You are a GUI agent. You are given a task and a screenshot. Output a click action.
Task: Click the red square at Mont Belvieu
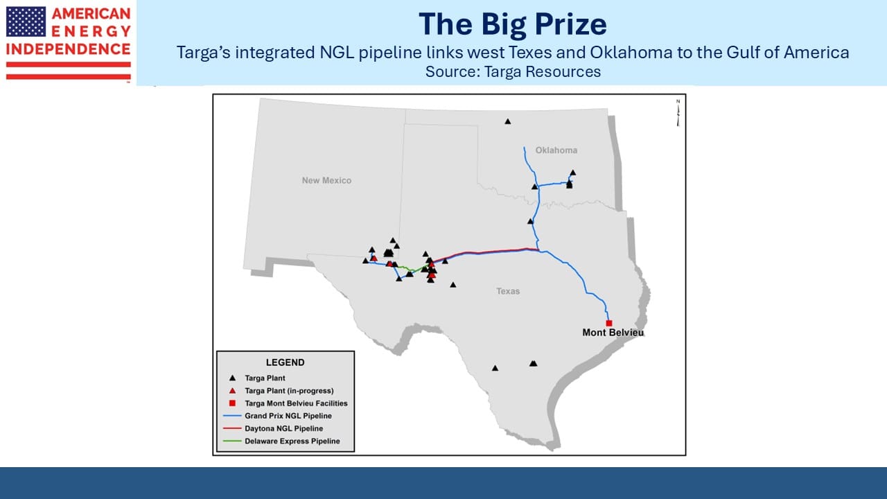coord(609,323)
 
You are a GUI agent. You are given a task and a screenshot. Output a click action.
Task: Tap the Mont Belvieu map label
coord(613,333)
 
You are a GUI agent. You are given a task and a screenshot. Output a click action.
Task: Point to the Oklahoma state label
coord(556,150)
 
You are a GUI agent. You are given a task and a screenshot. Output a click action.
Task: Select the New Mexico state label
coord(326,181)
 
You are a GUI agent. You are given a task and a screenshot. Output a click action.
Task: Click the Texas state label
coord(508,291)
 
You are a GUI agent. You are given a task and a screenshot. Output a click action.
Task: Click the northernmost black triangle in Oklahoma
coord(508,121)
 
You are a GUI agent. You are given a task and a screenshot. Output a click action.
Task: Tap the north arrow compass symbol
coord(678,113)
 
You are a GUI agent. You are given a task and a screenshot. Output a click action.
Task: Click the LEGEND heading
coord(285,362)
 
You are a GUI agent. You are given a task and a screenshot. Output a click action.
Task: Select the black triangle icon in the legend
coord(232,378)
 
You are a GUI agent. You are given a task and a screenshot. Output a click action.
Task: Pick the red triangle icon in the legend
coord(232,391)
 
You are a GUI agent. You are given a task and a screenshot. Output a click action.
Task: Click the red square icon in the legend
coord(232,403)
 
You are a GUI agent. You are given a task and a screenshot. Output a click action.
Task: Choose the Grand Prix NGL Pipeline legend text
coord(288,416)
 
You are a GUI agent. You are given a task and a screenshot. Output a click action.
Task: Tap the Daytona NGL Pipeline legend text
coord(284,428)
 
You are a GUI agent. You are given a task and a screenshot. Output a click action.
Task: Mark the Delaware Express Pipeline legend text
coord(292,441)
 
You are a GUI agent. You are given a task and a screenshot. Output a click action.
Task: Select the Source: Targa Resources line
coord(513,71)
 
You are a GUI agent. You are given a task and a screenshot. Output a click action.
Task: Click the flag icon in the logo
coord(26,21)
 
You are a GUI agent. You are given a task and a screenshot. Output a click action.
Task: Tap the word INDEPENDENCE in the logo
coord(68,49)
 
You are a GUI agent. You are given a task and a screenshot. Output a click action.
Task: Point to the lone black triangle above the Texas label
coord(453,285)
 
